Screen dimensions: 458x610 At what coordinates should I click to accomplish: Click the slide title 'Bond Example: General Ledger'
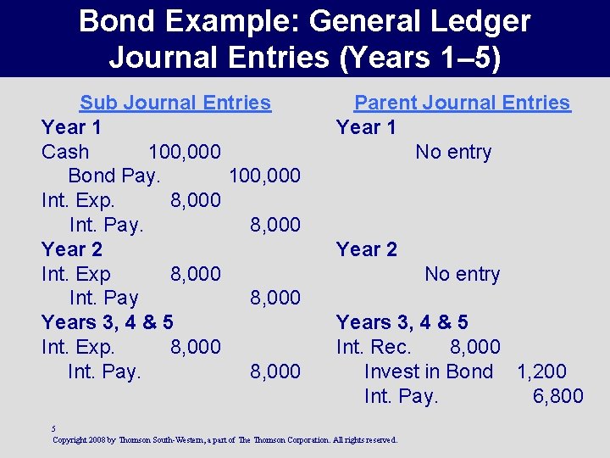pyautogui.click(x=305, y=21)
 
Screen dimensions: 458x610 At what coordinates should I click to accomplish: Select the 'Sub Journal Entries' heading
pyautogui.click(x=175, y=103)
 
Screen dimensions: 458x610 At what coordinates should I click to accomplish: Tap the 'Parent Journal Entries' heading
pyautogui.click(x=462, y=103)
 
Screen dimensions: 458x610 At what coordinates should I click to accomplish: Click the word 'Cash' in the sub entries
pyautogui.click(x=65, y=152)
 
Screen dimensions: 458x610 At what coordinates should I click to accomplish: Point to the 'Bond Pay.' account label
pyautogui.click(x=114, y=176)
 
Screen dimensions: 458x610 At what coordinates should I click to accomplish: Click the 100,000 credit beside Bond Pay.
pyautogui.click(x=264, y=176)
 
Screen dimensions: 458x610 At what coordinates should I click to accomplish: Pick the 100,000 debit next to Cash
pyautogui.click(x=185, y=152)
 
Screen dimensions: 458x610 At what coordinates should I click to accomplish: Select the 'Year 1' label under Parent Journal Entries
pyautogui.click(x=366, y=127)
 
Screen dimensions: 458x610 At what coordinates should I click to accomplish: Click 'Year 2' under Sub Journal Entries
pyautogui.click(x=72, y=249)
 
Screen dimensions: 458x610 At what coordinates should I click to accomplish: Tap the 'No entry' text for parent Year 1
pyautogui.click(x=453, y=152)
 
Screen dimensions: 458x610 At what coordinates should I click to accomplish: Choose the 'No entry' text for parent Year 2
pyautogui.click(x=462, y=274)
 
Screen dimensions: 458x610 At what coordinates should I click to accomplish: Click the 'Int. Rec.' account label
pyautogui.click(x=374, y=347)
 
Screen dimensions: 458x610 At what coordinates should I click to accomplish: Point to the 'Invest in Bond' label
pyautogui.click(x=429, y=371)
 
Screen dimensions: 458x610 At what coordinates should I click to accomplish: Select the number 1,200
pyautogui.click(x=541, y=371)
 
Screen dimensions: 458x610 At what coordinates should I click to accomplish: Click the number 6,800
pyautogui.click(x=557, y=396)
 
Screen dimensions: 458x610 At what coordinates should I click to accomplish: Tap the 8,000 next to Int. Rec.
pyautogui.click(x=474, y=347)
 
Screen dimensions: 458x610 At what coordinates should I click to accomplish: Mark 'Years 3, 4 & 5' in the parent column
pyautogui.click(x=402, y=322)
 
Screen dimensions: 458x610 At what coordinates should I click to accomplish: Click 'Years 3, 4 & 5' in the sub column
pyautogui.click(x=108, y=322)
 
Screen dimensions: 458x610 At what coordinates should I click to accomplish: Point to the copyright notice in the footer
pyautogui.click(x=224, y=440)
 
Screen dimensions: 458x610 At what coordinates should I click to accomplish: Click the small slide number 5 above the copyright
pyautogui.click(x=53, y=429)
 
